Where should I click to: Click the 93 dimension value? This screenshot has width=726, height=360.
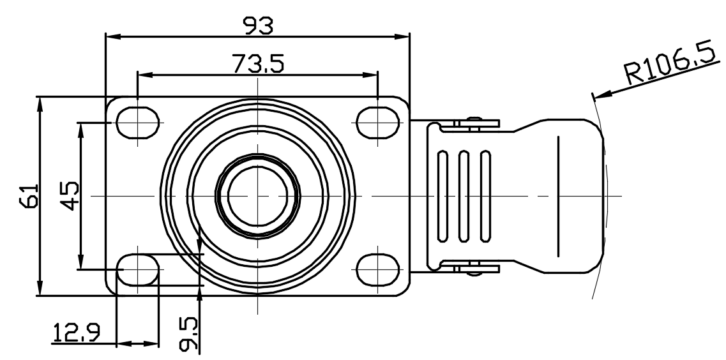point(259,26)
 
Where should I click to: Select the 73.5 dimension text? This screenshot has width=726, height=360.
point(258,63)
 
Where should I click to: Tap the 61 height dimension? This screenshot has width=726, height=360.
point(29,196)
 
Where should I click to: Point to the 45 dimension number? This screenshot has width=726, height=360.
point(70,196)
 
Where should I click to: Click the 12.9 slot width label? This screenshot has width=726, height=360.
point(77,333)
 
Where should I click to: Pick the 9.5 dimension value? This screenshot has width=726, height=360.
point(189,334)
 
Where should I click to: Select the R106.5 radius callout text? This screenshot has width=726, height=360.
point(670,66)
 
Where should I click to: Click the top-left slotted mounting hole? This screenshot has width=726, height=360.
point(138,123)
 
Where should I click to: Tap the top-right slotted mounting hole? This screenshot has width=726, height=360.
point(378,123)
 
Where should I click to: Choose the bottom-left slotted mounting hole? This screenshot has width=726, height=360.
point(138,269)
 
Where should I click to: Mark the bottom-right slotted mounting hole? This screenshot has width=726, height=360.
point(378,269)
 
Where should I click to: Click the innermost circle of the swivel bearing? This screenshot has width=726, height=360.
point(258,196)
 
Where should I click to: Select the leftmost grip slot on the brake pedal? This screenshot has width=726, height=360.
point(442,196)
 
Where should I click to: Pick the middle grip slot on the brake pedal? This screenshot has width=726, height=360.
point(464,196)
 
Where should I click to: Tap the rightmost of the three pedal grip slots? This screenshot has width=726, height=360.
point(485,196)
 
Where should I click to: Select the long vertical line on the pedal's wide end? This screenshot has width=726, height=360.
point(559,196)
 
